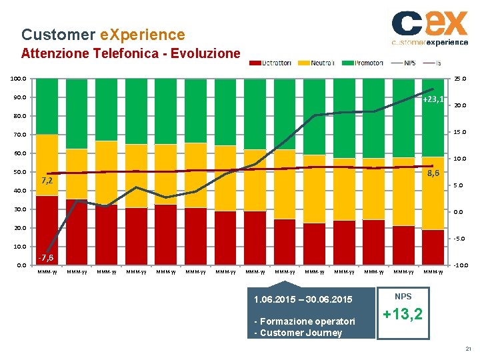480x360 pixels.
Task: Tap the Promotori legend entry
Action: coord(363,63)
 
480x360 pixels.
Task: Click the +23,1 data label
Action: coord(433,99)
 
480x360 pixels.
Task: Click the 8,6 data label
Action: coord(433,173)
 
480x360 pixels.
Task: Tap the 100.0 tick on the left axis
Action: coord(18,79)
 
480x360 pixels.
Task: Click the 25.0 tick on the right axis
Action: coord(460,79)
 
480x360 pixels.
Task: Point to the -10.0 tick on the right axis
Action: coord(459,265)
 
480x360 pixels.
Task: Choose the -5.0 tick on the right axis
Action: coord(460,239)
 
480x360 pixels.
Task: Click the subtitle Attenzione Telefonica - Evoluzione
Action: coord(131,53)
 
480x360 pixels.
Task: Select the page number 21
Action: coord(468,349)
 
